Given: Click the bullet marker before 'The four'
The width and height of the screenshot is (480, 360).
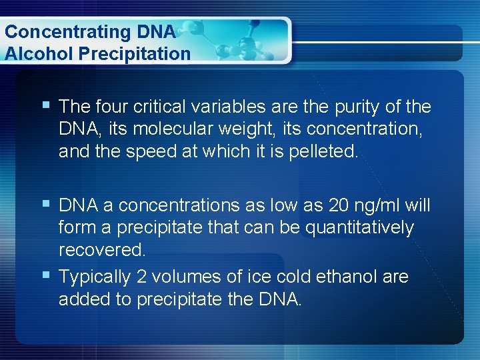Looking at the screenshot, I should pos(45,105).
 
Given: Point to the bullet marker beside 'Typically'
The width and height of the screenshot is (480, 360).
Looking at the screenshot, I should pos(45,274).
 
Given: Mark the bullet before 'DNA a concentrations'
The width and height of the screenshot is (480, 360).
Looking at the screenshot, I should pos(45,203).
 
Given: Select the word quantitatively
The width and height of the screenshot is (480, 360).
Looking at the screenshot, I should pos(359,228).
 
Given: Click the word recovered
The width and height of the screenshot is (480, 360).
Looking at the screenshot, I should pos(102,251).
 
